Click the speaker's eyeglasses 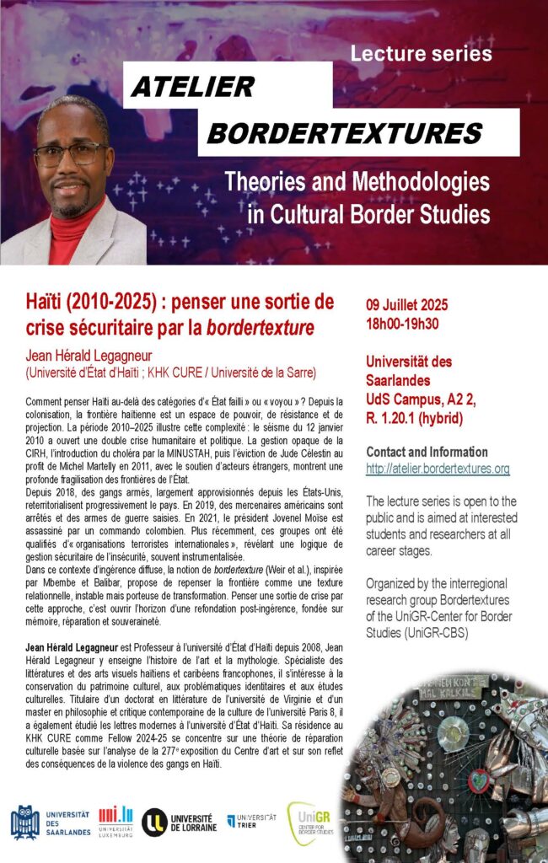(71, 155)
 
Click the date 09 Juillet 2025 (407, 305)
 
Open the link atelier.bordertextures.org (438, 469)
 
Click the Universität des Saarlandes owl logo (24, 821)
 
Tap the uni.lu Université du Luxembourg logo (116, 821)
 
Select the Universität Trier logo (250, 821)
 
